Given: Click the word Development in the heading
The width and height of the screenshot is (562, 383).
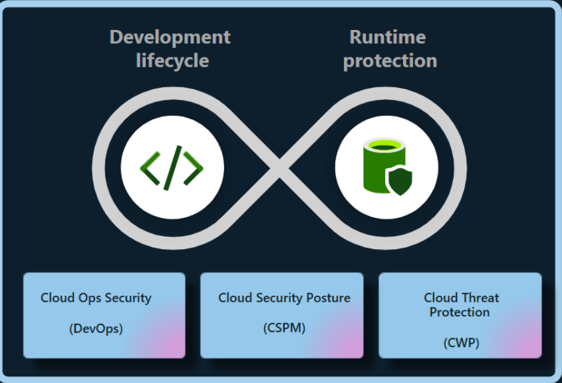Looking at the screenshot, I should pos(170,37).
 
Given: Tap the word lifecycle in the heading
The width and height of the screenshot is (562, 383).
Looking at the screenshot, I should pos(172,61).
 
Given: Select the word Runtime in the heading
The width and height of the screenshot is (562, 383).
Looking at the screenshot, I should pos(388,37).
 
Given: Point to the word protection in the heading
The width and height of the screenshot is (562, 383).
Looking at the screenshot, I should pos(390,61).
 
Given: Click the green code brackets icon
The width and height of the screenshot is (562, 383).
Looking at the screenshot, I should pos(172,166).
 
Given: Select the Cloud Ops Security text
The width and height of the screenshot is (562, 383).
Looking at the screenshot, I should pos(96,298).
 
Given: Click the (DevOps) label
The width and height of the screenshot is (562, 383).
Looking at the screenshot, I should pos(96,328).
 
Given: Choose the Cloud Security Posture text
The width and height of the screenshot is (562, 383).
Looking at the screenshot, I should pos(284,298).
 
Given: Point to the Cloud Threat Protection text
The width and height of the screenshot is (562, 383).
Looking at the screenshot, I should pos(461,304).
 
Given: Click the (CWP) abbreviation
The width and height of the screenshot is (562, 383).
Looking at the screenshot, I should pos(461,342).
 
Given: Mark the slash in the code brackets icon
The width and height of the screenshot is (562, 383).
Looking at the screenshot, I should pos(172,166).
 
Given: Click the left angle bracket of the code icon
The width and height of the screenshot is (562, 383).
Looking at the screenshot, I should pos(150,167).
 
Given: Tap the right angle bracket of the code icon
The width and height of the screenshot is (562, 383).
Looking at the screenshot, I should pos(194,167).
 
